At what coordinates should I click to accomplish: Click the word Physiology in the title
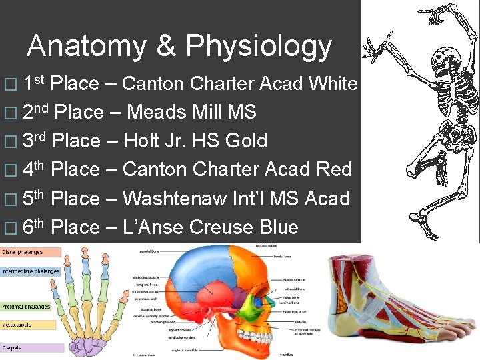(x=259, y=47)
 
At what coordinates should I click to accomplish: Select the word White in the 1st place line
(x=333, y=83)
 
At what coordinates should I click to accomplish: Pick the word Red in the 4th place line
(x=335, y=169)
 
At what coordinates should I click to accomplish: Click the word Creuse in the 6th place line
(x=222, y=227)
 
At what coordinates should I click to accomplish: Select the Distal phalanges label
(x=23, y=253)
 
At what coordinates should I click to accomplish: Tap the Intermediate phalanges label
(x=30, y=272)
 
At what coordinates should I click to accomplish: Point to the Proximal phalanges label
(x=27, y=307)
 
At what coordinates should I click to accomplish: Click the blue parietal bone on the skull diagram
(x=200, y=273)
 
